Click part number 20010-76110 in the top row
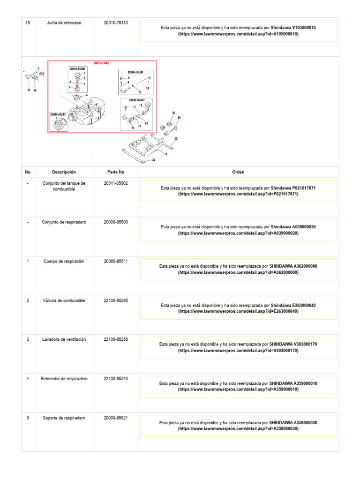[x=116, y=22]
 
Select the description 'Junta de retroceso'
[x=64, y=22]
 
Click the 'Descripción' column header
[x=64, y=172]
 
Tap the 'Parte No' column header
[x=116, y=172]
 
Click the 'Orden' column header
[x=238, y=172]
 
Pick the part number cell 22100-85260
[x=116, y=300]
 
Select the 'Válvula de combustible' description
[x=64, y=300]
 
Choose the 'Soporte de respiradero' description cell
[x=64, y=417]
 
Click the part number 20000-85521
[x=116, y=417]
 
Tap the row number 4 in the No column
[x=28, y=378]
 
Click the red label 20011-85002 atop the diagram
[x=102, y=63]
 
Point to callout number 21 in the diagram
[x=165, y=153]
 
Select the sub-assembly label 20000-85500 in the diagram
[x=76, y=68]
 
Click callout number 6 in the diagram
[x=86, y=95]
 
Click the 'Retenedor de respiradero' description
[x=64, y=378]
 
